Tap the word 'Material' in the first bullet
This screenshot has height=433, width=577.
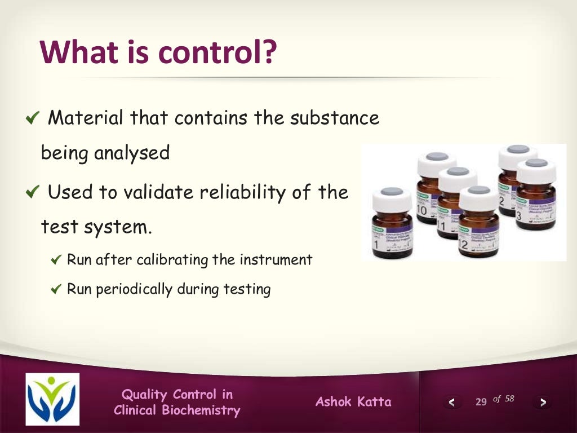point(86,118)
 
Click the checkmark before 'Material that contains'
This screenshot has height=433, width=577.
point(33,118)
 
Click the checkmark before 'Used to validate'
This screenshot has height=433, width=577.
point(33,193)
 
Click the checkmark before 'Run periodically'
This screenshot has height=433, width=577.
point(56,290)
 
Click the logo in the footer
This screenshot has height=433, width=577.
point(52,399)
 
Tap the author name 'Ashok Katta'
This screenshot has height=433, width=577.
point(353,402)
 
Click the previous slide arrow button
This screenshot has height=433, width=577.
point(451,402)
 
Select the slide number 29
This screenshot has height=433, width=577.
point(481,402)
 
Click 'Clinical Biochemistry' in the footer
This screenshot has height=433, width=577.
point(177,410)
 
